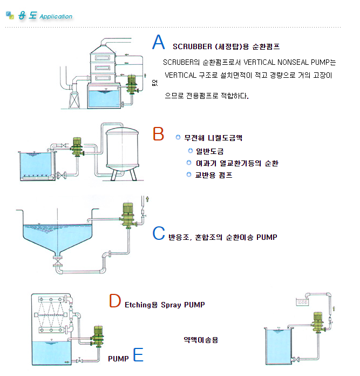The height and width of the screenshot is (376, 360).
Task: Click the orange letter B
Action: coord(158,134)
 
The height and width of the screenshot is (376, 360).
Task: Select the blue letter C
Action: coord(158,233)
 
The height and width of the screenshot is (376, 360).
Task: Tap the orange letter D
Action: coord(114,301)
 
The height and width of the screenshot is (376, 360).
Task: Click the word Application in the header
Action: coord(56,16)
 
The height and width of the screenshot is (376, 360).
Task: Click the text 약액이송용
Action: coord(201,340)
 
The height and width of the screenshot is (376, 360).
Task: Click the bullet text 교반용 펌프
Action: coord(214,174)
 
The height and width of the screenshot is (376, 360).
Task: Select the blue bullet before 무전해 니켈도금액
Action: coord(178,137)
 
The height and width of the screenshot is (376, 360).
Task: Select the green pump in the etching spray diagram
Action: coord(97,335)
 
